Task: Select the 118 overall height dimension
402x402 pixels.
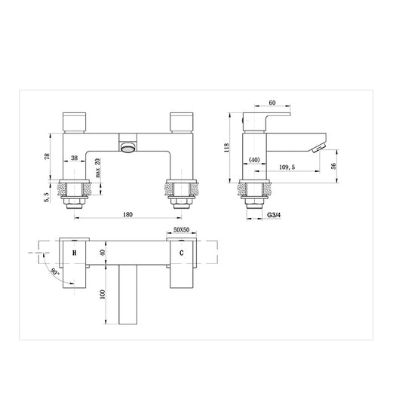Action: [x=226, y=149]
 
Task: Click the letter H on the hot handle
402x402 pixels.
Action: [x=74, y=254]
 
